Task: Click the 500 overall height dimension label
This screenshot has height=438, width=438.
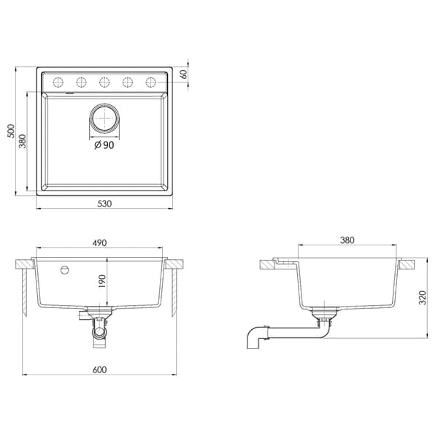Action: click(x=11, y=131)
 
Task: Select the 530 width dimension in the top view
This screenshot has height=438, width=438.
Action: click(x=104, y=204)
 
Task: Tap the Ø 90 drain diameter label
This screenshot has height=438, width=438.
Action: click(x=104, y=145)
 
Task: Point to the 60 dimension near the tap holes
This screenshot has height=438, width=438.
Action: click(x=184, y=74)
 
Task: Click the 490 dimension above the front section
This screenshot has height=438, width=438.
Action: click(x=100, y=243)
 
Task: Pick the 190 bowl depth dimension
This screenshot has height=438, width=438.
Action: click(x=102, y=282)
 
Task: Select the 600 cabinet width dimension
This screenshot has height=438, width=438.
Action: click(x=99, y=370)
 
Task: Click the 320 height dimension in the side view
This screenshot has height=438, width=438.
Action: click(x=423, y=298)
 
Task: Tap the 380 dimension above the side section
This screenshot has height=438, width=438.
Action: click(x=347, y=240)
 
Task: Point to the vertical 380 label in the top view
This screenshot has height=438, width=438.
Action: click(x=23, y=142)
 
